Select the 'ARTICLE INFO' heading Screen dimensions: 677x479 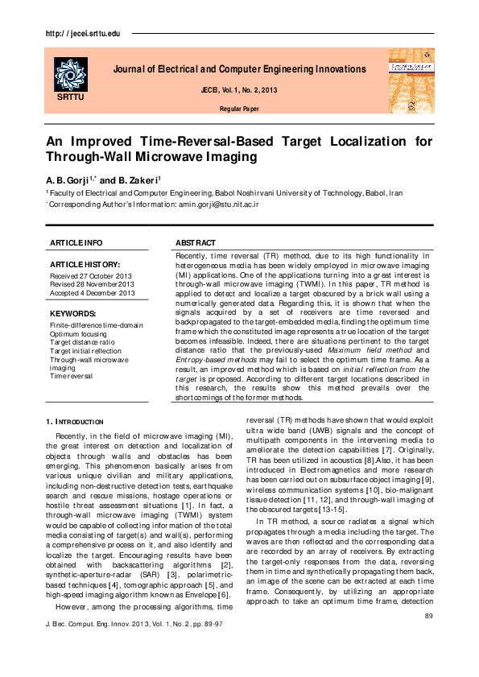coord(76,242)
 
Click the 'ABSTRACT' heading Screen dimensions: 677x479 coord(196,242)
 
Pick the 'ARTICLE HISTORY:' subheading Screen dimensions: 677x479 coord(85,264)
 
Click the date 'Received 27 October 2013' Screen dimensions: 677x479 coord(90,275)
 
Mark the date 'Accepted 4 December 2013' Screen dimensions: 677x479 coord(93,293)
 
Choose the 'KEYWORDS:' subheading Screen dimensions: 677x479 coord(73,313)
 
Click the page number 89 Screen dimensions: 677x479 coord(427,616)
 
